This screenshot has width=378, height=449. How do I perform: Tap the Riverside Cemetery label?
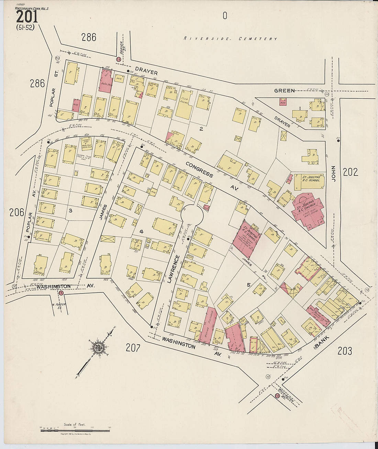pos(230,39)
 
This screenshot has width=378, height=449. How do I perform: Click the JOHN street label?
pos(333,172)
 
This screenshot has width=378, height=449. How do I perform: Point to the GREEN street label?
pos(284,90)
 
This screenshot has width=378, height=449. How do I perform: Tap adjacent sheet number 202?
pos(351,172)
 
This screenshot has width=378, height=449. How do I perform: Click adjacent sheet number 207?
pos(133,348)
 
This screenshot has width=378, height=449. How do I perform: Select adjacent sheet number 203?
pos(345,351)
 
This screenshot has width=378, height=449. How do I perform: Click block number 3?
pos(70,210)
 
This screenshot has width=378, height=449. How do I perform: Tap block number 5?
pos(248,285)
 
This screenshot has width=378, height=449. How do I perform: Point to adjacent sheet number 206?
pos(17,213)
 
